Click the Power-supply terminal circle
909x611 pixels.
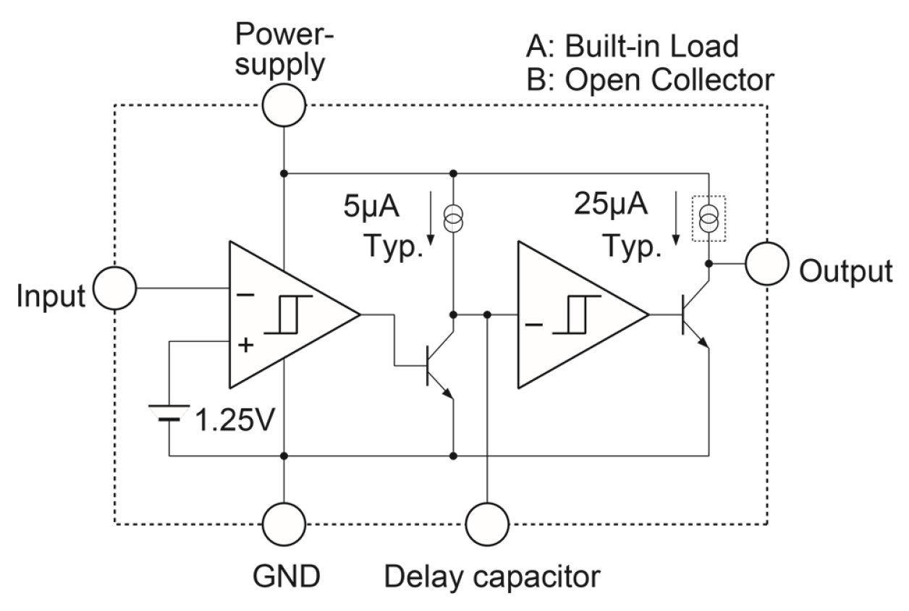coord(284,106)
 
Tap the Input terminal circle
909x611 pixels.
coord(115,287)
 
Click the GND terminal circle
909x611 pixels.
coord(284,524)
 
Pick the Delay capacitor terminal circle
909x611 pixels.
coord(487,524)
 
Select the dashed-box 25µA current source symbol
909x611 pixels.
coord(709,218)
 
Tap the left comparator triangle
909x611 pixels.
coord(282,315)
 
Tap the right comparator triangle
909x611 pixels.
coord(572,315)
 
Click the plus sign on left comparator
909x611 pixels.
coord(246,346)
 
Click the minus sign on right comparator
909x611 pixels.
coord(533,325)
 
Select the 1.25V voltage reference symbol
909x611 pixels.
coord(169,413)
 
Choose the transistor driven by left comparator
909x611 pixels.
coord(438,366)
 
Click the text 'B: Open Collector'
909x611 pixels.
coord(650,80)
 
